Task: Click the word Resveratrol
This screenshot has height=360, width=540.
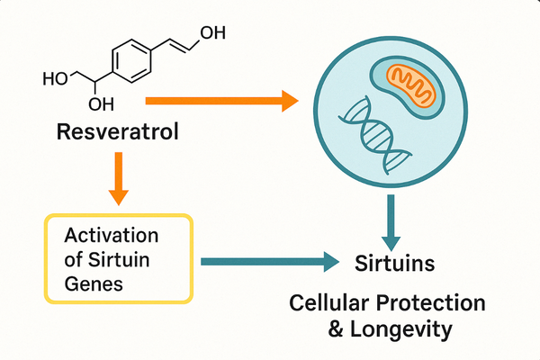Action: pyautogui.click(x=117, y=134)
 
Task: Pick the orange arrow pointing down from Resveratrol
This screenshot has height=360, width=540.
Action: pyautogui.click(x=118, y=181)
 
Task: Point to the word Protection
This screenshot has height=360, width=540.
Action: pyautogui.click(x=433, y=303)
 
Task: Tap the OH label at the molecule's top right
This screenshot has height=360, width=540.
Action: pyautogui.click(x=212, y=33)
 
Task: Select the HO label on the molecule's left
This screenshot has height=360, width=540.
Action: pyautogui.click(x=56, y=78)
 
